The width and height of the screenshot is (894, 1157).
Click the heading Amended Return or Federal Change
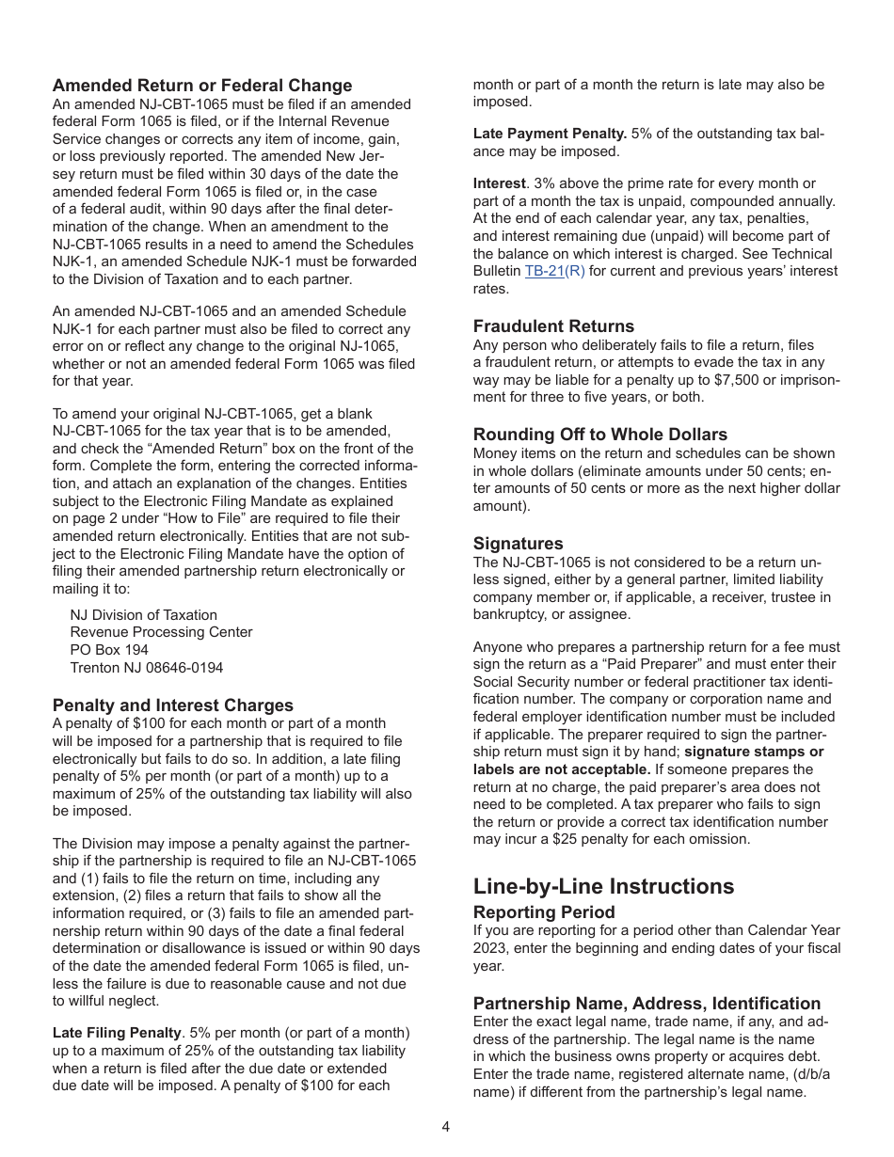tap(202, 86)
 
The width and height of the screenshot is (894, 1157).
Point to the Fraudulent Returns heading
tap(553, 326)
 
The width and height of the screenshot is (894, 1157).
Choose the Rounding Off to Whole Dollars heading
tap(599, 435)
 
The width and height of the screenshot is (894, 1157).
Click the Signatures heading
tap(518, 544)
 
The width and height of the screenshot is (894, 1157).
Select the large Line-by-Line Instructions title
tap(603, 886)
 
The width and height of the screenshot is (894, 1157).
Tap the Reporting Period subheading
tap(544, 912)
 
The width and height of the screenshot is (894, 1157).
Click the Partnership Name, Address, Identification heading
tap(647, 1003)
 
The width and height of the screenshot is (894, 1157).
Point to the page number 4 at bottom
tap(446, 1127)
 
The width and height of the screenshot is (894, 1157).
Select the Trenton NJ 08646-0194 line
tap(147, 668)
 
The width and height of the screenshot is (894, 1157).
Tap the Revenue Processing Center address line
tap(161, 632)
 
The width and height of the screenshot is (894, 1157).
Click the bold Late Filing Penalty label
tap(117, 1033)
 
